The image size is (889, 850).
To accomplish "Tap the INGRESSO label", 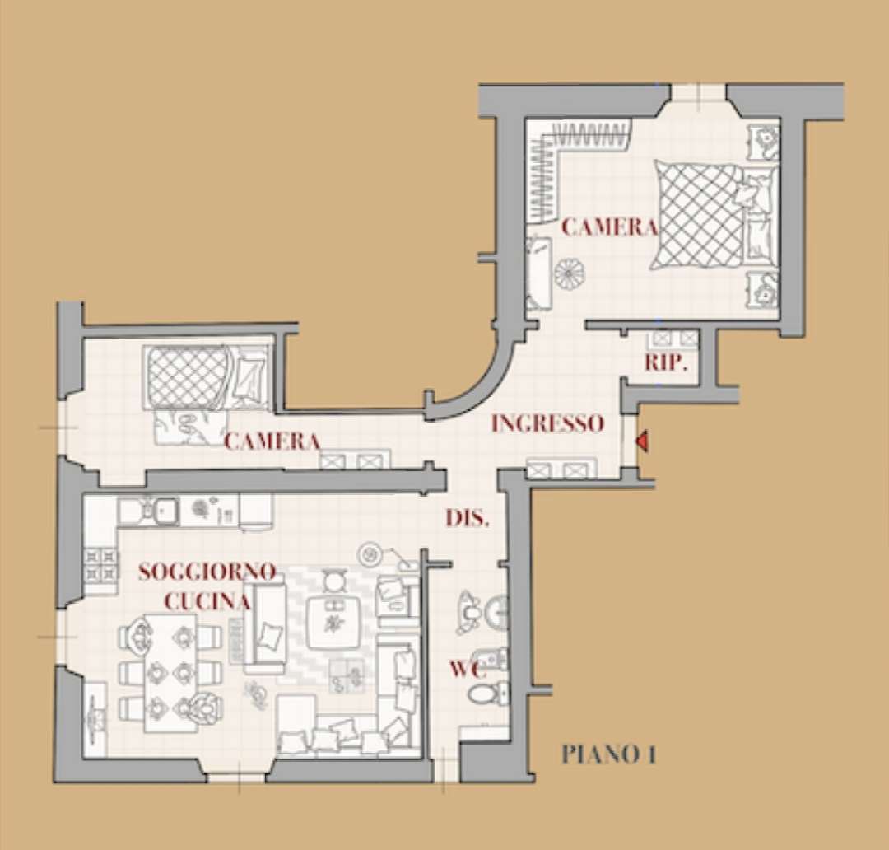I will tap(547, 423).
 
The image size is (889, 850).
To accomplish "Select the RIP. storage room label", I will tap(665, 363).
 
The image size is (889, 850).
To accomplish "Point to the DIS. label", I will tap(468, 519).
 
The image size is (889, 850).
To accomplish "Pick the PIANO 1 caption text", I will tap(608, 754).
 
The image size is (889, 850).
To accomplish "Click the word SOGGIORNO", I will tap(207, 572).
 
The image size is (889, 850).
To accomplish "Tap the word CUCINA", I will tap(207, 601).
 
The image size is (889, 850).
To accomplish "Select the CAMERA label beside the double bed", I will tap(609, 227).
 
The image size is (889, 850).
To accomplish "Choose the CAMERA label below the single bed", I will tap(272, 441).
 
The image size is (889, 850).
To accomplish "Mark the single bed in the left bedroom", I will tap(206, 376).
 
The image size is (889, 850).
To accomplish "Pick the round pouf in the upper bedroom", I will tap(567, 273).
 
